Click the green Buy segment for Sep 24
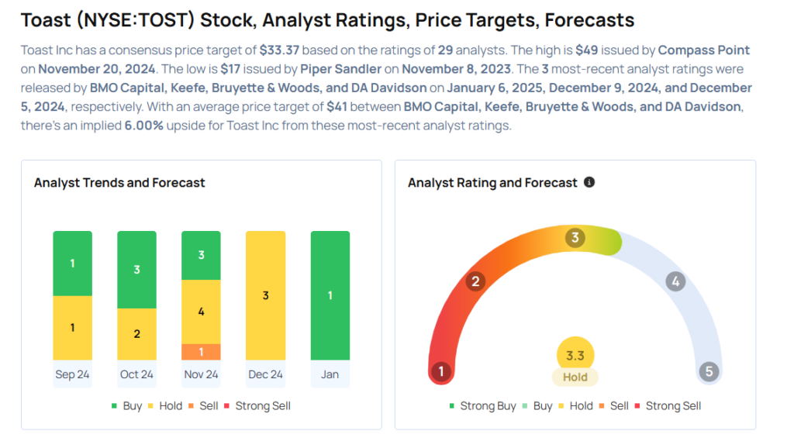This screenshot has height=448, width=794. coord(72,263)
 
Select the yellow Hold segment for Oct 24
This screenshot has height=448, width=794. coord(136,333)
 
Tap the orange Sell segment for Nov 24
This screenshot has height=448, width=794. coord(201,352)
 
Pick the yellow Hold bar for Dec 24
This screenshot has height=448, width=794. coord(265,295)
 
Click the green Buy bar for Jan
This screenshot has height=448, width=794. coord(330,295)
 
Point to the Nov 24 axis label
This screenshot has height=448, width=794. coord(201,374)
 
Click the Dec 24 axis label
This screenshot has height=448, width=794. coord(265,374)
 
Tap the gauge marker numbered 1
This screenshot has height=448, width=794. coord(440,371)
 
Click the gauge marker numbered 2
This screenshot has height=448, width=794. coord(475,281)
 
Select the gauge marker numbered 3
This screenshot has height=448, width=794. coord(575,238)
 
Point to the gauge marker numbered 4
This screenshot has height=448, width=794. coord(675,281)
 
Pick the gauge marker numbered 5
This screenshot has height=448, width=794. coord(708,371)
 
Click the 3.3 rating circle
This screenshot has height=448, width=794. coord(575,356)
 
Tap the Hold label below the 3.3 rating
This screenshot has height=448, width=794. coord(575,377)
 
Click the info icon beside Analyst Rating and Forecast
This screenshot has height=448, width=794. coord(589,182)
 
